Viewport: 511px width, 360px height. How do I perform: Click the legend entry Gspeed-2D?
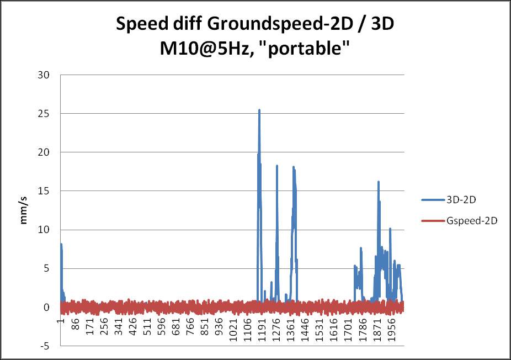click(x=468, y=220)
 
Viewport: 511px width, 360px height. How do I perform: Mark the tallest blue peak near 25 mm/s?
click(x=259, y=110)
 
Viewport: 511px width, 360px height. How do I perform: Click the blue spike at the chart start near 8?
click(x=61, y=244)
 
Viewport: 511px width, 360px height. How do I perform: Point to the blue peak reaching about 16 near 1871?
click(x=379, y=182)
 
